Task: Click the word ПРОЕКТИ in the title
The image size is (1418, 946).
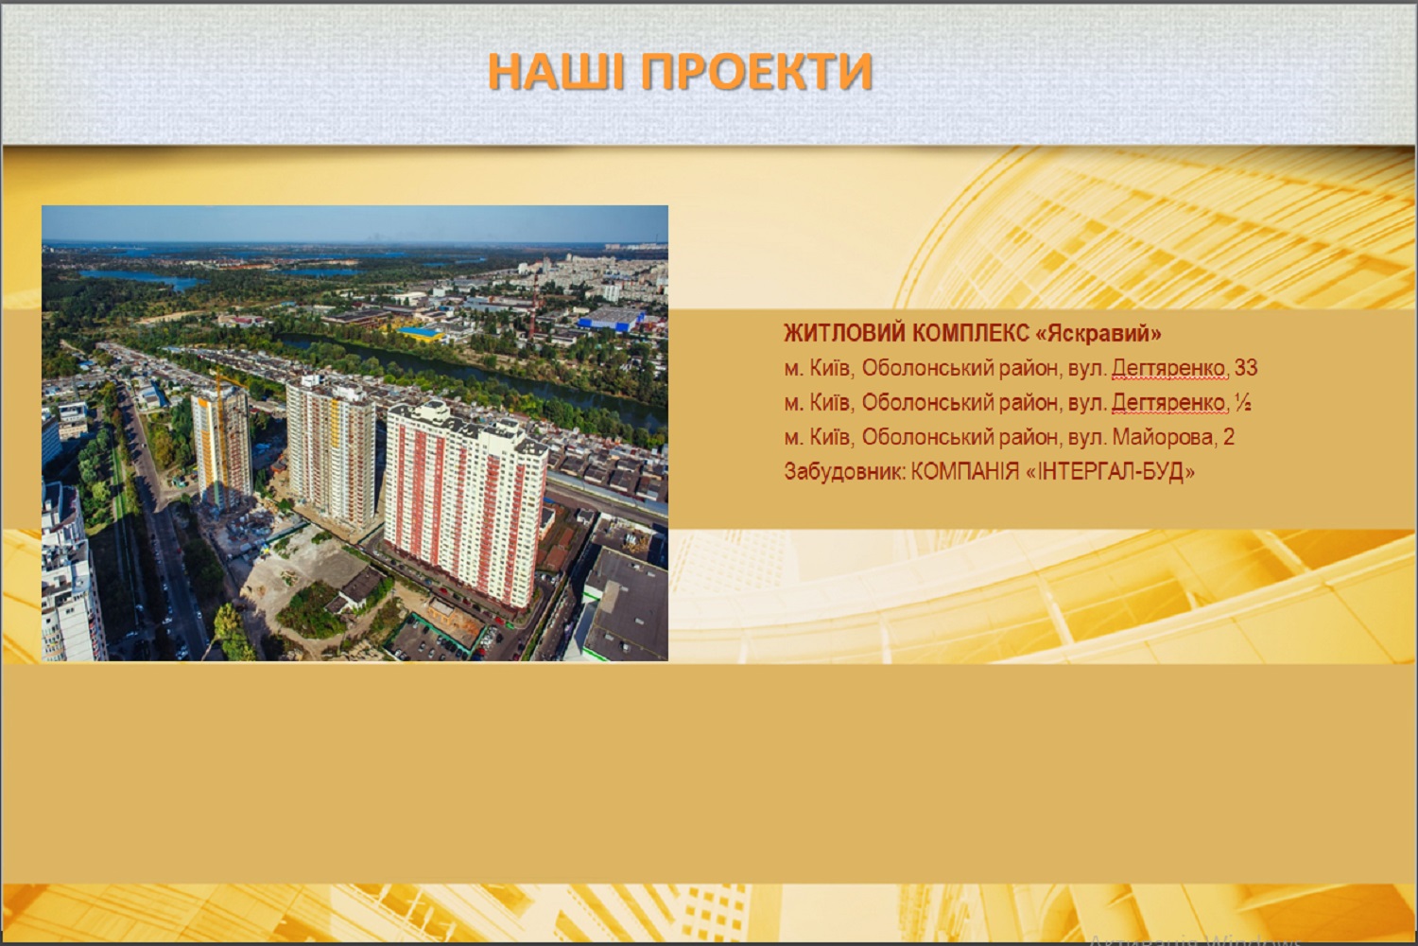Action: click(x=756, y=71)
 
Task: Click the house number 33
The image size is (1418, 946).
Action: click(x=1246, y=368)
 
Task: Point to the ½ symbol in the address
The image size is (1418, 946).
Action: click(x=1243, y=402)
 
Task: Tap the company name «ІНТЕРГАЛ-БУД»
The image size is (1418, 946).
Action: click(x=1109, y=472)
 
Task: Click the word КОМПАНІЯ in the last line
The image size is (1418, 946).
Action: click(x=965, y=472)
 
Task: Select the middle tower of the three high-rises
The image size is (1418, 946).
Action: click(x=331, y=450)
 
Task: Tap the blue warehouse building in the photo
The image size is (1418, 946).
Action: click(x=611, y=319)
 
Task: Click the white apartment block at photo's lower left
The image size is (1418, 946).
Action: click(x=71, y=573)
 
